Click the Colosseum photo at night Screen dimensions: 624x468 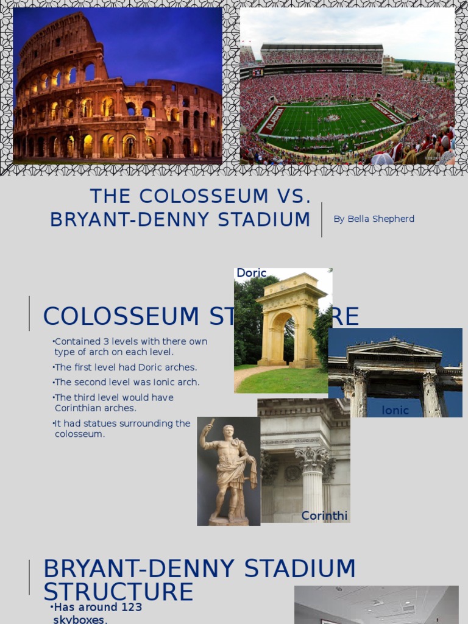pyautogui.click(x=118, y=85)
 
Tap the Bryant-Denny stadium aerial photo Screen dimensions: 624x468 pyautogui.click(x=347, y=85)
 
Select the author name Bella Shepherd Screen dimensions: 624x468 pyautogui.click(x=374, y=219)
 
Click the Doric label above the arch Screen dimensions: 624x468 pyautogui.click(x=252, y=273)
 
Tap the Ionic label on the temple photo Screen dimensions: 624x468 pyautogui.click(x=395, y=411)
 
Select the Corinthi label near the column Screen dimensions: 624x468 pyautogui.click(x=324, y=516)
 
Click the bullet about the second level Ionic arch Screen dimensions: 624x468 pyautogui.click(x=127, y=383)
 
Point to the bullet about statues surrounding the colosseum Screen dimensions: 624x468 pyautogui.click(x=122, y=428)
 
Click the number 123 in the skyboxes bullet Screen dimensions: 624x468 pyautogui.click(x=130, y=607)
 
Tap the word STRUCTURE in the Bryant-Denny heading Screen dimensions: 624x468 pyautogui.click(x=118, y=592)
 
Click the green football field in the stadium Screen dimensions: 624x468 pyautogui.click(x=329, y=122)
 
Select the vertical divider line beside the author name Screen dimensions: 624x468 pyautogui.click(x=322, y=219)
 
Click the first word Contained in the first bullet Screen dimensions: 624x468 pyautogui.click(x=74, y=341)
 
